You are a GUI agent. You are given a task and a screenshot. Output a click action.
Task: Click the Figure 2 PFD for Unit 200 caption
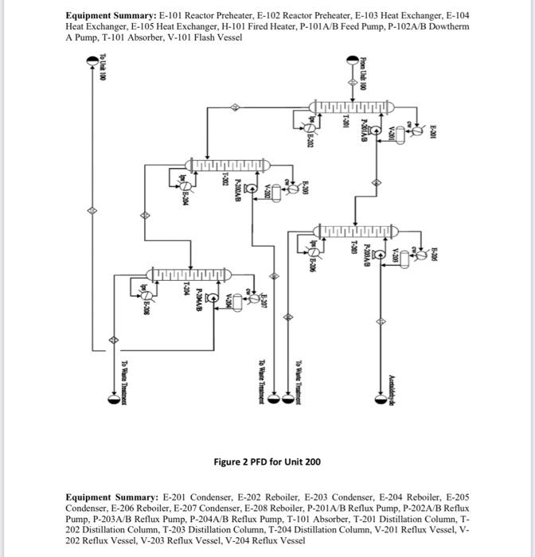point(267,462)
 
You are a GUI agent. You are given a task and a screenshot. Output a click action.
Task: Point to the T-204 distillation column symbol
point(190,275)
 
